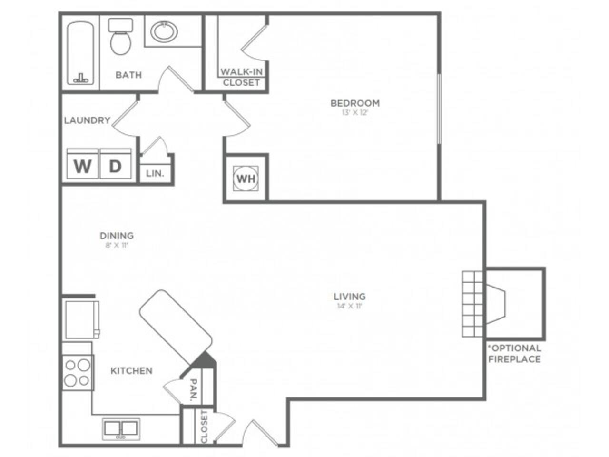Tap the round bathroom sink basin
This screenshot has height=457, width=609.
[x=164, y=32]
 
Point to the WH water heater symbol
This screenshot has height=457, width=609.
[x=246, y=179]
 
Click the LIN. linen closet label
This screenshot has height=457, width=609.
[x=155, y=174]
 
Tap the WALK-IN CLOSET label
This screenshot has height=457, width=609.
[x=241, y=77]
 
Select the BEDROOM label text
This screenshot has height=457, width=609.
[x=355, y=103]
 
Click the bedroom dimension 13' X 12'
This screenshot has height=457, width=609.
[x=355, y=113]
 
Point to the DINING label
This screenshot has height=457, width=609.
[x=117, y=236]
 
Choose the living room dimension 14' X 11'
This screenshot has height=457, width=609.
[x=349, y=306]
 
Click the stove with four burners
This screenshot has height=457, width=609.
[x=78, y=373]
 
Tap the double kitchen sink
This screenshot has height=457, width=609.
[x=121, y=429]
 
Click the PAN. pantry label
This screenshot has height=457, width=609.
[x=194, y=390]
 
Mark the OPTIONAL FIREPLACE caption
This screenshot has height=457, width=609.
[x=515, y=354]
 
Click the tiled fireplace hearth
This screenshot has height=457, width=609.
[x=473, y=304]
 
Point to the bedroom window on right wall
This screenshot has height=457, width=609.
[x=439, y=109]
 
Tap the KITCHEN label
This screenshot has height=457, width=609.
[x=131, y=371]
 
